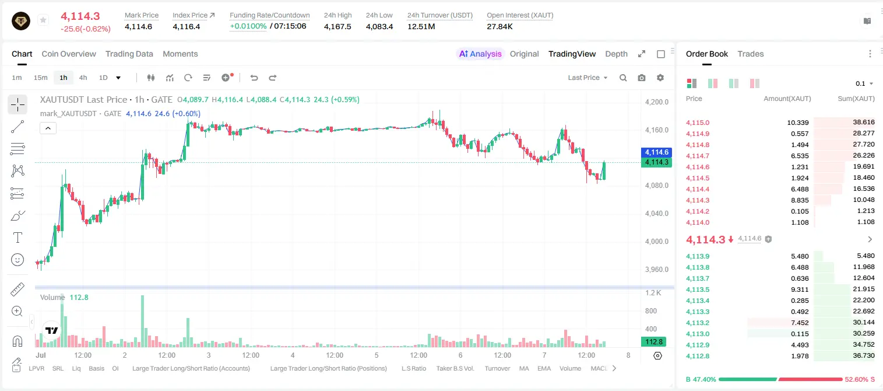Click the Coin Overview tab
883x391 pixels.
[69, 54]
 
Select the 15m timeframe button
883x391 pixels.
[40, 78]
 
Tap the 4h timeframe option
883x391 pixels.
[83, 78]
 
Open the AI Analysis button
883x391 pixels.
[480, 54]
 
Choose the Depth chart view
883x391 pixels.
[616, 54]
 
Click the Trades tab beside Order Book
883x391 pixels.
[751, 54]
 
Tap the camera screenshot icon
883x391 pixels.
[642, 78]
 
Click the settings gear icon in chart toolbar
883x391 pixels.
[660, 78]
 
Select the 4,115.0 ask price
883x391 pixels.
[697, 123]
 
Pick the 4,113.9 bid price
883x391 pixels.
[697, 256]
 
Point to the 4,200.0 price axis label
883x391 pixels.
[657, 102]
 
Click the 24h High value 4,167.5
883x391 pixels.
[337, 26]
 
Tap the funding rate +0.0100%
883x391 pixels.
[248, 26]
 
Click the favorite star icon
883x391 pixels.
[43, 20]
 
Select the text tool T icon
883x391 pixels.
[17, 238]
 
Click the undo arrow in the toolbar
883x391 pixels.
[254, 78]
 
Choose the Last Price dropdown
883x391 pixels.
[588, 78]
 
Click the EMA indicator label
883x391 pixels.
[544, 368]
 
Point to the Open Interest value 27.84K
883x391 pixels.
[499, 26]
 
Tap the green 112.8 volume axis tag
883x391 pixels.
[653, 341]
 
